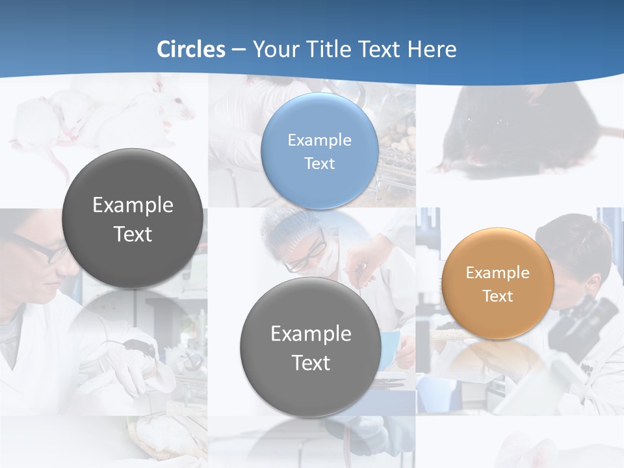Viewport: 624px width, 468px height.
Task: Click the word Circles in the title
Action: click(191, 49)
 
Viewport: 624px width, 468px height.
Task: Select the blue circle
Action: click(319, 151)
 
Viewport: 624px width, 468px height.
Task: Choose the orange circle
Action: click(498, 283)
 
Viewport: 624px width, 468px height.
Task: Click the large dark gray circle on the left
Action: click(133, 218)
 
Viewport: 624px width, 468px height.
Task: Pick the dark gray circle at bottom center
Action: click(311, 347)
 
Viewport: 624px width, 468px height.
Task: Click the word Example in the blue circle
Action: click(319, 140)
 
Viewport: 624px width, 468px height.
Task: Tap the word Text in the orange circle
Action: click(498, 296)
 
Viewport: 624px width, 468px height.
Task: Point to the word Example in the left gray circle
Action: click(133, 205)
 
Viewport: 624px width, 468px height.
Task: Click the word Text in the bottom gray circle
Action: click(311, 363)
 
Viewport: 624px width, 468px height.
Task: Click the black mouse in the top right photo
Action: click(513, 130)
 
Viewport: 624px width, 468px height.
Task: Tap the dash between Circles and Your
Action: click(238, 50)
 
